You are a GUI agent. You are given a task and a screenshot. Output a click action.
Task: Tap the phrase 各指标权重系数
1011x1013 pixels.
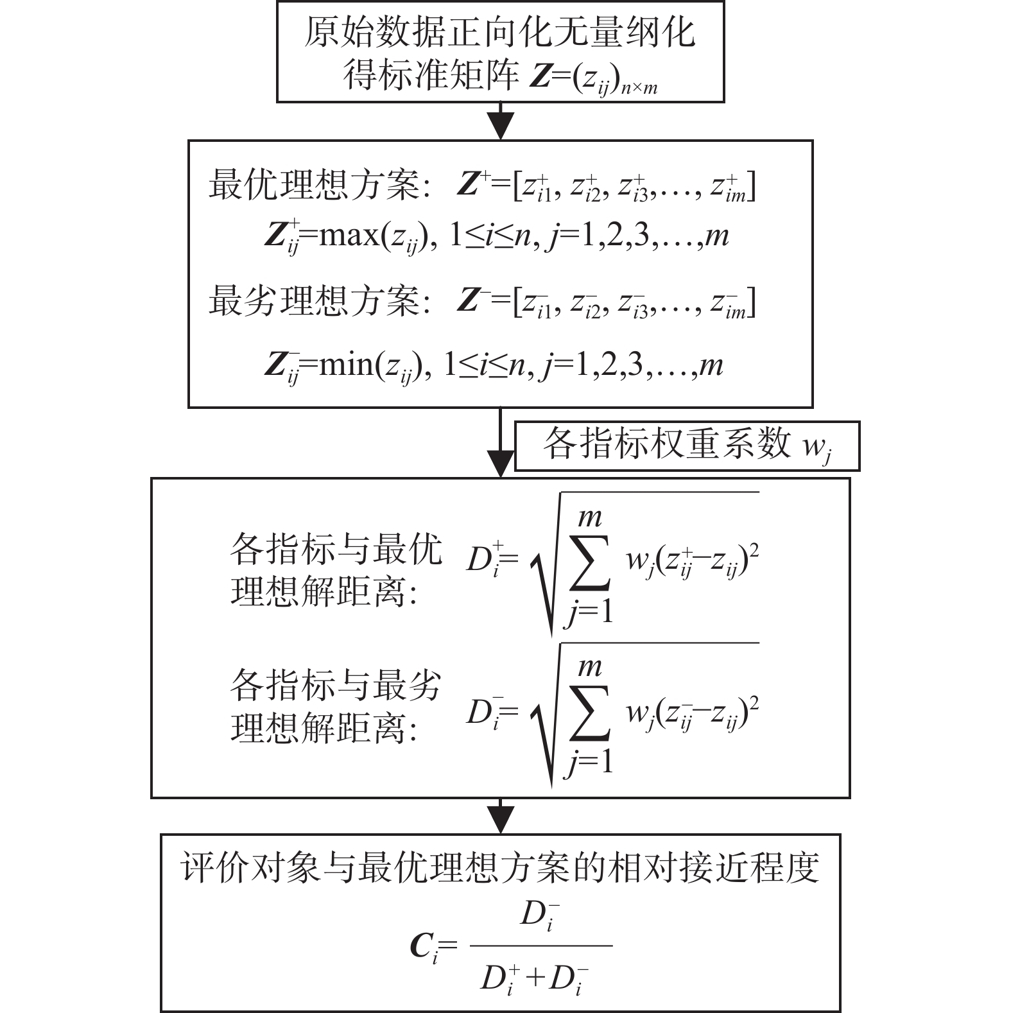tap(667, 444)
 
